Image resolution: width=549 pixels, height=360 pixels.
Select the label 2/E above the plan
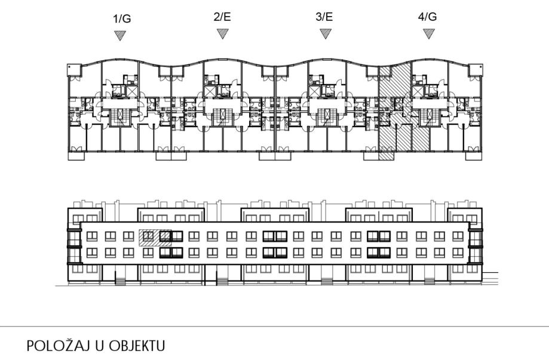(222, 17)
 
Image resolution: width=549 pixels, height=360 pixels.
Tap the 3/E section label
(324, 17)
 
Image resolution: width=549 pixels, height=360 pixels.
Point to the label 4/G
(427, 17)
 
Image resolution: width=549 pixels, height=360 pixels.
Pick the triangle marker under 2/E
(223, 33)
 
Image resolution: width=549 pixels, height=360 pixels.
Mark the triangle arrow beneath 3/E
(326, 33)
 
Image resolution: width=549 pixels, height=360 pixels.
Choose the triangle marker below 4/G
(428, 33)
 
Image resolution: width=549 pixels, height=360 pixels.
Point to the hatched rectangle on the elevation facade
(155, 238)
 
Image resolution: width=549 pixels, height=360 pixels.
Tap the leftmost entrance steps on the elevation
(120, 279)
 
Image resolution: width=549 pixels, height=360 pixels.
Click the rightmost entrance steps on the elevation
(428, 279)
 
